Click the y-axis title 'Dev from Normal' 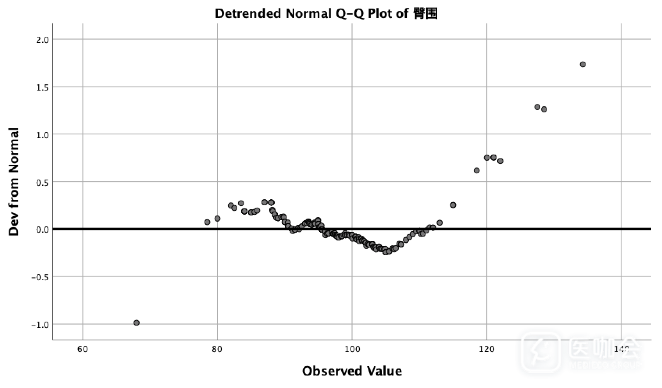[14, 182]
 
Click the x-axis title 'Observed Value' [352, 371]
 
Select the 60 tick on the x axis [83, 349]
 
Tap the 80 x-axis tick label [217, 349]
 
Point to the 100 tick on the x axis [352, 349]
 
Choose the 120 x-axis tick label [487, 349]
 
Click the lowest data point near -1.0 [137, 323]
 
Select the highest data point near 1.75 [583, 64]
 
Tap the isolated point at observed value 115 [453, 205]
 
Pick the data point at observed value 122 [500, 161]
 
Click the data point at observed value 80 [217, 219]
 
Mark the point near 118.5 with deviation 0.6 [477, 171]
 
